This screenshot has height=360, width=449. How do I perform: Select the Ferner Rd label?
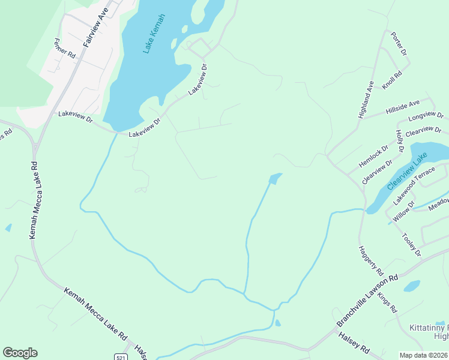pyautogui.click(x=64, y=48)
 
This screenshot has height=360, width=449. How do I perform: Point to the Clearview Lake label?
pyautogui.click(x=408, y=171)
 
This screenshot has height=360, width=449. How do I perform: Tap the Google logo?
pyautogui.click(x=20, y=353)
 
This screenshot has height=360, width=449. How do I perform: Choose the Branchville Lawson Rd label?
pyautogui.click(x=367, y=301)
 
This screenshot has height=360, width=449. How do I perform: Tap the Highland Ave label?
pyautogui.click(x=366, y=99)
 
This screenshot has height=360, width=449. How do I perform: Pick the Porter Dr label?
pyautogui.click(x=399, y=44)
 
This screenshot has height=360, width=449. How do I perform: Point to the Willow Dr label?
pyautogui.click(x=403, y=212)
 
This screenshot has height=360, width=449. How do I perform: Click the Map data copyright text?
pyautogui.click(x=424, y=355)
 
